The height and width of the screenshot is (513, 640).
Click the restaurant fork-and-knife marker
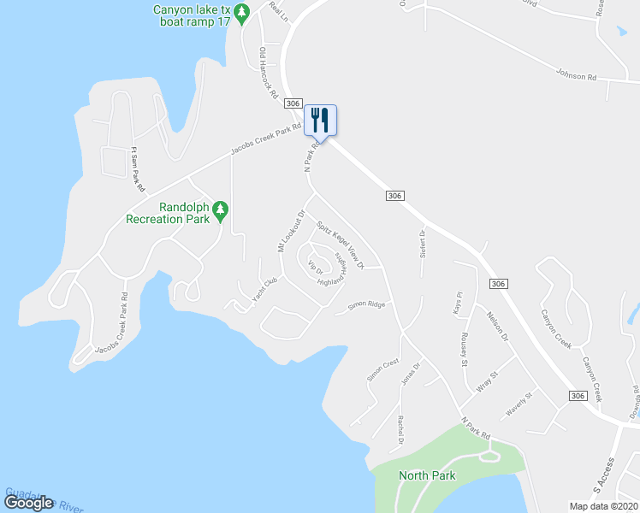pyautogui.click(x=320, y=120)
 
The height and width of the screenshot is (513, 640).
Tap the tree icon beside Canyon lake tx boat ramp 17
pyautogui.click(x=241, y=14)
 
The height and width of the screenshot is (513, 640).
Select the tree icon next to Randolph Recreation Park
pyautogui.click(x=221, y=209)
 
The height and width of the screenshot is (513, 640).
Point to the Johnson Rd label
pyautogui.click(x=576, y=75)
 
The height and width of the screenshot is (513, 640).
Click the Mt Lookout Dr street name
pyautogui.click(x=291, y=231)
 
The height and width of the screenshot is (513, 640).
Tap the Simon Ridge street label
pyautogui.click(x=366, y=304)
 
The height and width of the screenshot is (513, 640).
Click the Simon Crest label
pyautogui.click(x=382, y=369)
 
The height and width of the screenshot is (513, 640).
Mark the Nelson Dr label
pyautogui.click(x=497, y=326)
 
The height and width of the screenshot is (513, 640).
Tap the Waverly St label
pyautogui.click(x=519, y=403)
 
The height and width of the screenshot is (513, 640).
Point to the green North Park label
pyautogui.click(x=427, y=475)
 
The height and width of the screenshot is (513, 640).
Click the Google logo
pyautogui.click(x=28, y=503)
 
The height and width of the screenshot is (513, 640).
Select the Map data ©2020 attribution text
pyautogui.click(x=602, y=506)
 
